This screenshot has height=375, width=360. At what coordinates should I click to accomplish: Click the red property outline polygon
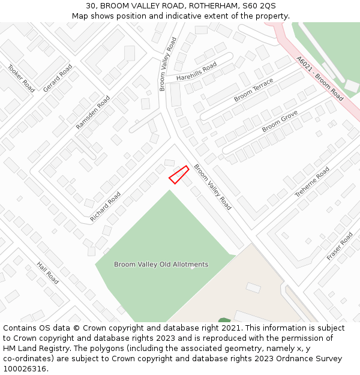[179, 175]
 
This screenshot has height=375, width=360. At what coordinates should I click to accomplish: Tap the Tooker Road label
[21, 78]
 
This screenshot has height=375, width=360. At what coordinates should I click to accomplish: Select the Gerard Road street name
[58, 78]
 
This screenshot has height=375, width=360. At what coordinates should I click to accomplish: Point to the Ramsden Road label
[93, 112]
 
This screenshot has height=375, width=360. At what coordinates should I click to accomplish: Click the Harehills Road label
[196, 71]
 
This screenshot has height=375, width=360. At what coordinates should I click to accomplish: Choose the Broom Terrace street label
[253, 89]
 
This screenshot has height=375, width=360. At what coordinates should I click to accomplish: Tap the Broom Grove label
[280, 122]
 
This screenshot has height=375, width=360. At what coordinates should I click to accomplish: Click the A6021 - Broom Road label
[320, 79]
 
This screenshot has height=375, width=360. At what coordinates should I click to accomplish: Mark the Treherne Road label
[312, 182]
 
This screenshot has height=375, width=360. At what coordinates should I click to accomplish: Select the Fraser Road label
[340, 246]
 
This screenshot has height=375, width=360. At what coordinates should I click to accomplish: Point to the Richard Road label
[105, 207]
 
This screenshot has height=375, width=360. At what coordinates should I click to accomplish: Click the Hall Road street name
[47, 273]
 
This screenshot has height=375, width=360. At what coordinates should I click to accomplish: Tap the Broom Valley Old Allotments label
[161, 264]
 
